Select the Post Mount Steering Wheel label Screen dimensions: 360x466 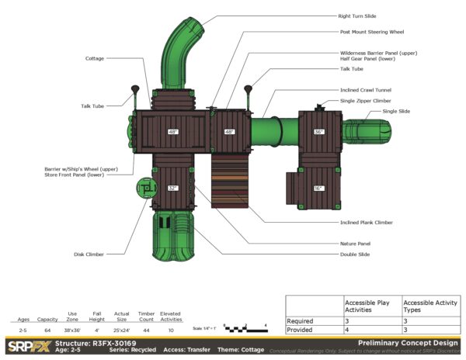click(371, 32)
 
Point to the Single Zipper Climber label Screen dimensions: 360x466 click(365, 101)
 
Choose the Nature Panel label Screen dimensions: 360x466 click(354, 243)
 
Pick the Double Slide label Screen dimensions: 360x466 click(354, 254)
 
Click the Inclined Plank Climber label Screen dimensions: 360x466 click(366, 223)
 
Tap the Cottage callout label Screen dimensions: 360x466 click(95, 58)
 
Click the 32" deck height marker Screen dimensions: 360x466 click(172, 188)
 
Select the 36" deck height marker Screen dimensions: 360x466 click(318, 132)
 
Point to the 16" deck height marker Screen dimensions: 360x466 click(318, 188)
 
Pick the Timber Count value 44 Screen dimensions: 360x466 click(146, 331)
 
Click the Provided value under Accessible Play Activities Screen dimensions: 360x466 click(347, 330)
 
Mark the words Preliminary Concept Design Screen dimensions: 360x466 click(408, 342)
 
